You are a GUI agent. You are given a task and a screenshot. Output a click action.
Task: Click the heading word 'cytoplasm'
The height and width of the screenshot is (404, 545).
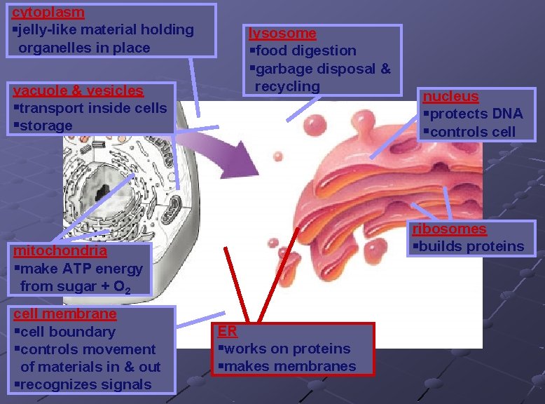pyautogui.click(x=48, y=12)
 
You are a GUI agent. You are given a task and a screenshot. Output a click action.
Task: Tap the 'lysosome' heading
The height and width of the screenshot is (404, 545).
pyautogui.click(x=282, y=33)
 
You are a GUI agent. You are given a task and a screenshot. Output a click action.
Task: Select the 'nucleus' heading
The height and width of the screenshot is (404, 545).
pyautogui.click(x=450, y=96)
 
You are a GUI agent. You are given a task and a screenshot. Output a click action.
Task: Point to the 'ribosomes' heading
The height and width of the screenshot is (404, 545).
pyautogui.click(x=449, y=229)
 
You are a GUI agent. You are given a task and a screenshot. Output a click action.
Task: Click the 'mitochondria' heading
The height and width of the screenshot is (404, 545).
pyautogui.click(x=60, y=250)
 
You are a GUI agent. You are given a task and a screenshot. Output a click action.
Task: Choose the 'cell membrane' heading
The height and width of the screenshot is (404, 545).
pyautogui.click(x=64, y=314)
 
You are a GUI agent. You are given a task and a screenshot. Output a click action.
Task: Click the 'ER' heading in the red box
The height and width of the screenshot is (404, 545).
pyautogui.click(x=227, y=331)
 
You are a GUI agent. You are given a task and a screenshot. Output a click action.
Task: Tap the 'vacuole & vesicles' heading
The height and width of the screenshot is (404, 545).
pyautogui.click(x=78, y=90)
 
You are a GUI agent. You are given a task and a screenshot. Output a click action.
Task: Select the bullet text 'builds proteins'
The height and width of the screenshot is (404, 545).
pyautogui.click(x=471, y=246)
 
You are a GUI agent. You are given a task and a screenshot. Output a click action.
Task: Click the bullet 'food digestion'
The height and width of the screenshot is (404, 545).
pyautogui.click(x=306, y=50)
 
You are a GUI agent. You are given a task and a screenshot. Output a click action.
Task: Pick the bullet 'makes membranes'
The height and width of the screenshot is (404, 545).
pyautogui.click(x=290, y=366)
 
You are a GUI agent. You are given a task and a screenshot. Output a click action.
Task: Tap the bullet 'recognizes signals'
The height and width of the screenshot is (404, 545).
pyautogui.click(x=85, y=384)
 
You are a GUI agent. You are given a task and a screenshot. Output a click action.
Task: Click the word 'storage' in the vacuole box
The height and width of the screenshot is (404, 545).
pyautogui.click(x=46, y=126)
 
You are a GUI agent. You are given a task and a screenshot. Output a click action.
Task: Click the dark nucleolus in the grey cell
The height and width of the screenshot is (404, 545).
pyautogui.click(x=105, y=189)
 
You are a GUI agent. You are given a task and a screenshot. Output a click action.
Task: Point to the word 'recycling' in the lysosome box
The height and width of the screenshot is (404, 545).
pyautogui.click(x=287, y=86)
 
